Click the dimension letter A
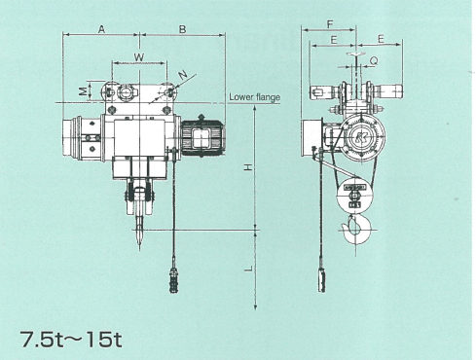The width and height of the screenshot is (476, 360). click(x=101, y=29)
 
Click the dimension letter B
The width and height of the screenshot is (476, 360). click(x=183, y=29)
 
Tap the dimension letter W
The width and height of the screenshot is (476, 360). click(x=139, y=57)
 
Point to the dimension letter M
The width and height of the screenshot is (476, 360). click(x=84, y=91)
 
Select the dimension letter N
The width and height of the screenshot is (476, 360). click(x=184, y=76)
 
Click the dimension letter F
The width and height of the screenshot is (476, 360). click(x=330, y=24)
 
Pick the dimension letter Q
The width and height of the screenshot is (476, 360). click(x=374, y=61)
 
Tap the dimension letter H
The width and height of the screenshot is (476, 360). click(x=248, y=167)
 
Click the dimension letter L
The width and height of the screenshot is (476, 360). click(x=248, y=269)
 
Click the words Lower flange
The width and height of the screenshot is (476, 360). click(x=255, y=97)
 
